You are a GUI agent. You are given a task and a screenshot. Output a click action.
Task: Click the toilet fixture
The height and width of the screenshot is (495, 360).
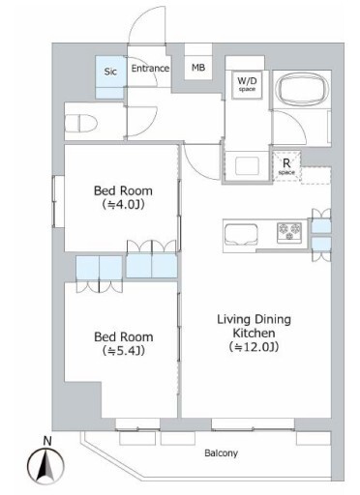[81, 124]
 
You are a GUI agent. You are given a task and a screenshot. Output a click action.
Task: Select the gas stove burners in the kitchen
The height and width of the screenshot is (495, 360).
[289, 232]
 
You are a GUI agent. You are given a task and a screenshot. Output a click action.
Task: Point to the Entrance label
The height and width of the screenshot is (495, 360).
[150, 69]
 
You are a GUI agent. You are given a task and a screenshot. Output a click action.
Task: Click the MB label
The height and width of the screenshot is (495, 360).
[198, 68]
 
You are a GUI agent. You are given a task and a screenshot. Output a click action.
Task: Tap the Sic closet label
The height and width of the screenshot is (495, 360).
[110, 72]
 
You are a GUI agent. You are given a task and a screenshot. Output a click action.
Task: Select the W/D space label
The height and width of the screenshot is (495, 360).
[247, 83]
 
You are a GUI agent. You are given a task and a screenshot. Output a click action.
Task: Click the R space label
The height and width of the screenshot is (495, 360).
[286, 166]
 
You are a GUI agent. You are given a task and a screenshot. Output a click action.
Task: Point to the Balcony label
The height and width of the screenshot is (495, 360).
[222, 453]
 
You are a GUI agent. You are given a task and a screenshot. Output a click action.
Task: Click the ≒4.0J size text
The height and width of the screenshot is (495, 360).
[123, 204]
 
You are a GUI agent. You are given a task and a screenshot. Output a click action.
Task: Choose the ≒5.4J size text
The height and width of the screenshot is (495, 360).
[123, 351]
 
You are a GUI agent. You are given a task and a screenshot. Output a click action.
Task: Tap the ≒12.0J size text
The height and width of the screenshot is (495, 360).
[254, 347]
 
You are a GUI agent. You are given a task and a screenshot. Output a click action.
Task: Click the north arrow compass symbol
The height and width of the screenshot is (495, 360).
[45, 465]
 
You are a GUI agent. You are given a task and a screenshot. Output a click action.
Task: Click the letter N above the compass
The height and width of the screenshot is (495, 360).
[47, 441]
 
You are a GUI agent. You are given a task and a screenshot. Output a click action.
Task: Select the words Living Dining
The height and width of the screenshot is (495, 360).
[254, 319]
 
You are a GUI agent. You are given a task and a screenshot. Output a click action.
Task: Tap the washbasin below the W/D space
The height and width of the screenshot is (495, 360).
[247, 165]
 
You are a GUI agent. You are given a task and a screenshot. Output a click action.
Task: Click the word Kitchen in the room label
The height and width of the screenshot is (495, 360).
[255, 333]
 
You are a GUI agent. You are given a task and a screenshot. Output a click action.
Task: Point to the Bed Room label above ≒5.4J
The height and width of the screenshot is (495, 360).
[124, 336]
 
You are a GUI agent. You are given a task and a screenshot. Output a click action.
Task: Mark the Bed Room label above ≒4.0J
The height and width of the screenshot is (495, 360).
[123, 190]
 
